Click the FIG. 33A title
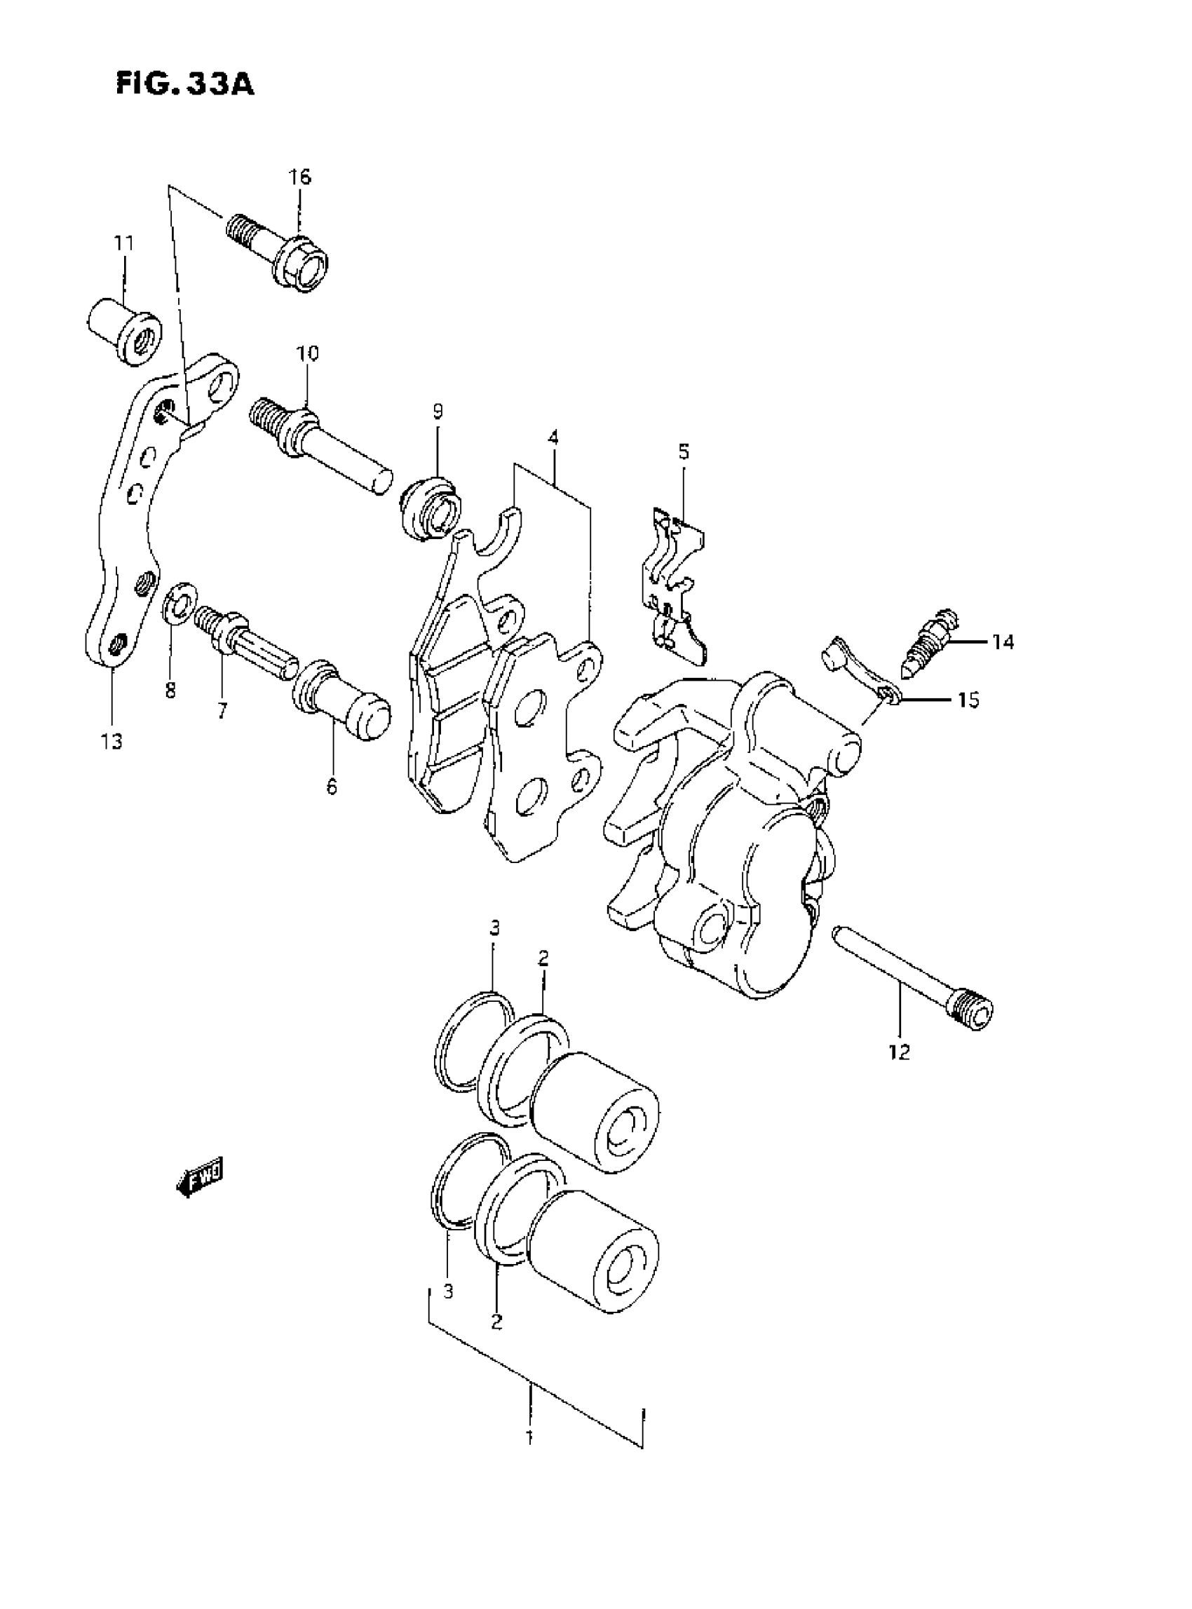click(184, 84)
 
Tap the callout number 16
click(300, 177)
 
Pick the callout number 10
click(307, 353)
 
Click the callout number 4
click(553, 437)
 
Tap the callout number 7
click(222, 711)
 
